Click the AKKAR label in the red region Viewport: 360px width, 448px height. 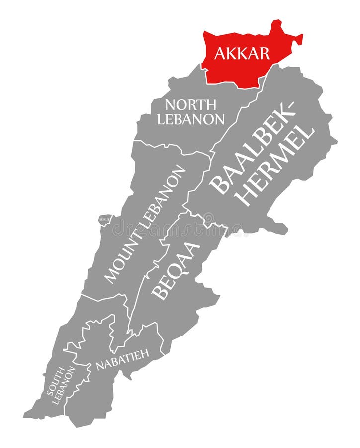242,53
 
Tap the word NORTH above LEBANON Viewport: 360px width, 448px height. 190,105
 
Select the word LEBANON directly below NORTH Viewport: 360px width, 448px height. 190,119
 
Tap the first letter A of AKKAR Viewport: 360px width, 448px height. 219,54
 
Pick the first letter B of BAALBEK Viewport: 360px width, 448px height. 218,187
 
